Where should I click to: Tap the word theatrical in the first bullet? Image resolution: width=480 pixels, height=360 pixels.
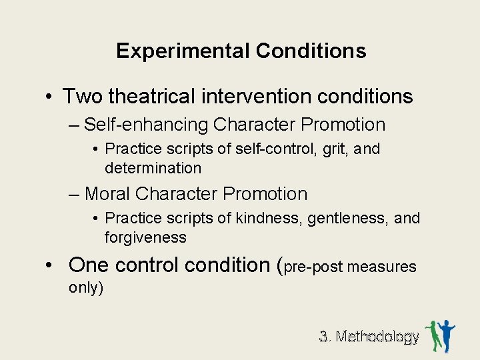coord(151,97)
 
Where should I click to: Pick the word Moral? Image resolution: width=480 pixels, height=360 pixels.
coord(107,194)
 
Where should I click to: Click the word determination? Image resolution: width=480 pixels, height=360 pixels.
coord(153,167)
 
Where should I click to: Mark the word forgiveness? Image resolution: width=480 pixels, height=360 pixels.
coord(145,237)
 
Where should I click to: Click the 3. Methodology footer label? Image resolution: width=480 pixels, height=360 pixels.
coord(369,337)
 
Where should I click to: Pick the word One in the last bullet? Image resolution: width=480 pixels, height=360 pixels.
coord(88,265)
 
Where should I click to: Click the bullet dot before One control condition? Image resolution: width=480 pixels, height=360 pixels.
coord(49,265)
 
